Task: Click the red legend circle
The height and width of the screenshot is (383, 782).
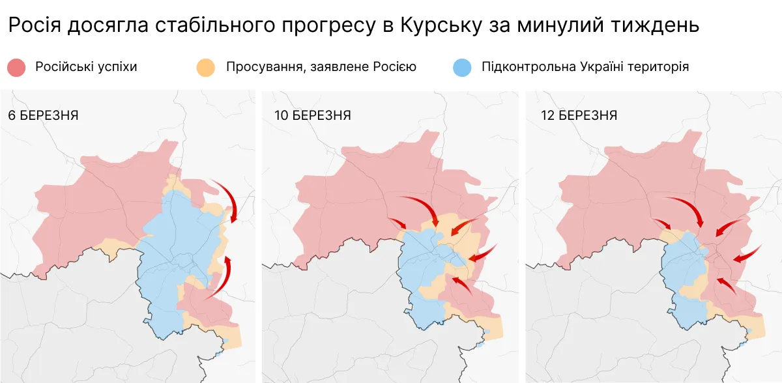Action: click(16, 67)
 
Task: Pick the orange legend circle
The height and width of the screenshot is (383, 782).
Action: click(206, 67)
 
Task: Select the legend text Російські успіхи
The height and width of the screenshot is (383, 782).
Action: click(86, 67)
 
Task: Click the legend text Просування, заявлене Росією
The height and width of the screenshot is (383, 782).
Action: click(321, 67)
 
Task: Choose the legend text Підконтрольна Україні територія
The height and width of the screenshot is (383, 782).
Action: click(585, 67)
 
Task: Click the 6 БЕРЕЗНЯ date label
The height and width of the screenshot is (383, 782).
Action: click(43, 116)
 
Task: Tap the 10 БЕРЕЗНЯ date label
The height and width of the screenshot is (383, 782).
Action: click(311, 116)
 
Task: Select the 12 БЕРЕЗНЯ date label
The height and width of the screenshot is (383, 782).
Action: click(579, 116)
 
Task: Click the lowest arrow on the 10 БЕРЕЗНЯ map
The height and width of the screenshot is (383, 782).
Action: click(463, 286)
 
